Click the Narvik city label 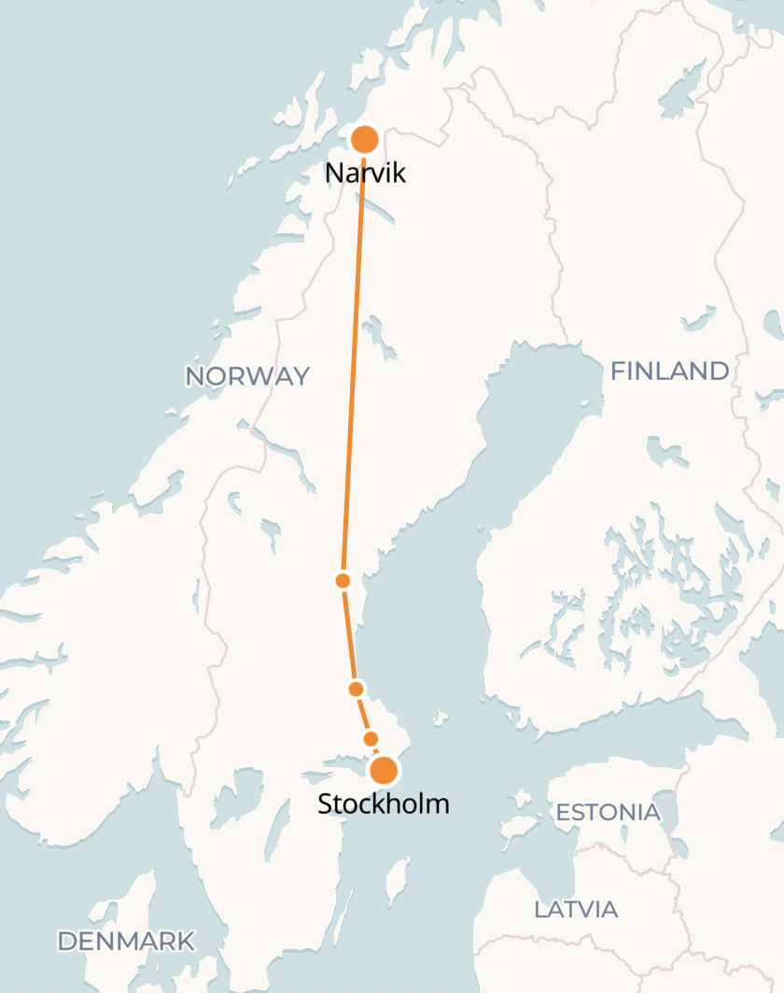click(365, 173)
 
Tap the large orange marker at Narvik click(364, 140)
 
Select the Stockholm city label click(383, 803)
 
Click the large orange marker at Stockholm click(384, 771)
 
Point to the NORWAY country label click(247, 376)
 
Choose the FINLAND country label click(669, 371)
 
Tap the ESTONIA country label click(608, 812)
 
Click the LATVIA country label click(576, 909)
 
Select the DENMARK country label click(126, 941)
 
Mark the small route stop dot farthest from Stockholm click(343, 580)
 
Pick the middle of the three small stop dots click(356, 689)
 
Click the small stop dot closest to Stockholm click(371, 739)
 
